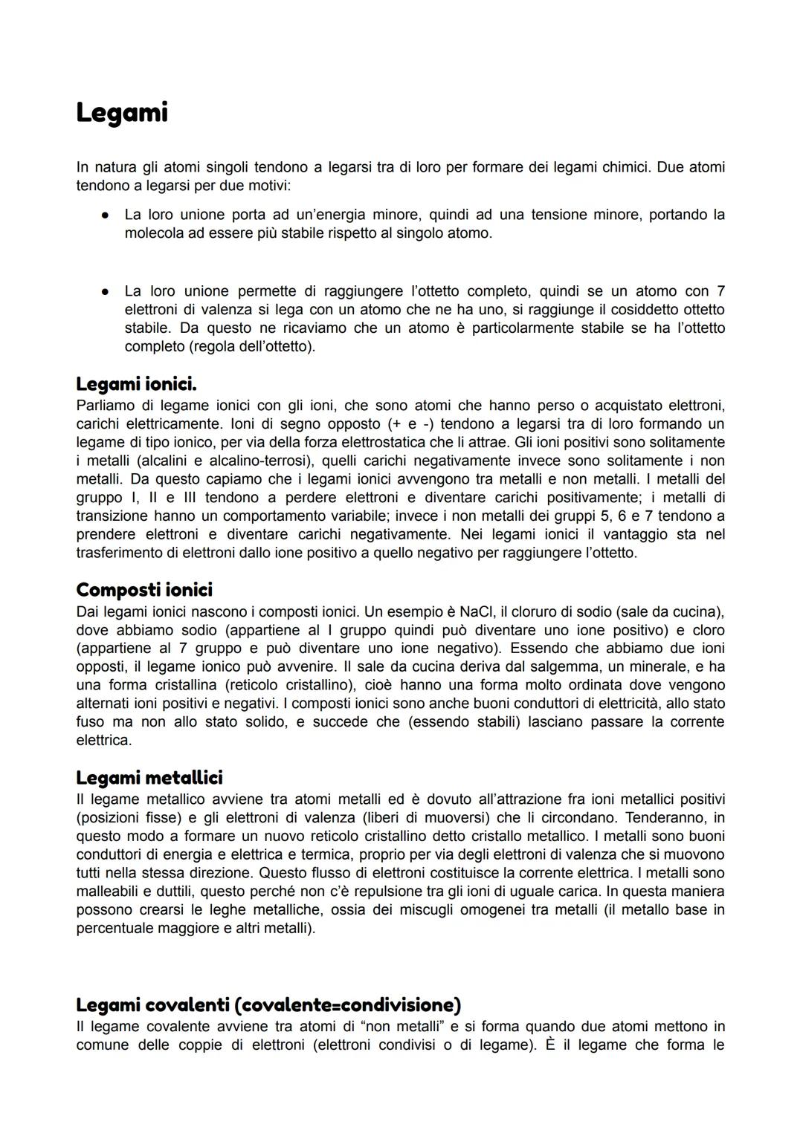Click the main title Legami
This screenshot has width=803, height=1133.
pyautogui.click(x=122, y=113)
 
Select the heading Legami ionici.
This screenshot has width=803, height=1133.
pyautogui.click(x=136, y=384)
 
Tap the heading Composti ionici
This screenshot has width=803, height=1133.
pyautogui.click(x=144, y=590)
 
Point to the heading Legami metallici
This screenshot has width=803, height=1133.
pyautogui.click(x=149, y=778)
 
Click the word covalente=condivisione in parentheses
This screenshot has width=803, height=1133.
pyautogui.click(x=347, y=1005)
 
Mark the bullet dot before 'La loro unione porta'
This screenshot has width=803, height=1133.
pyautogui.click(x=106, y=215)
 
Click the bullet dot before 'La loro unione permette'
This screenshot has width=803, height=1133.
pyautogui.click(x=106, y=291)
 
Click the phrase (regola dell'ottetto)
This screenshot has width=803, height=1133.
pyautogui.click(x=220, y=347)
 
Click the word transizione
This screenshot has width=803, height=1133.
pyautogui.click(x=115, y=516)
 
